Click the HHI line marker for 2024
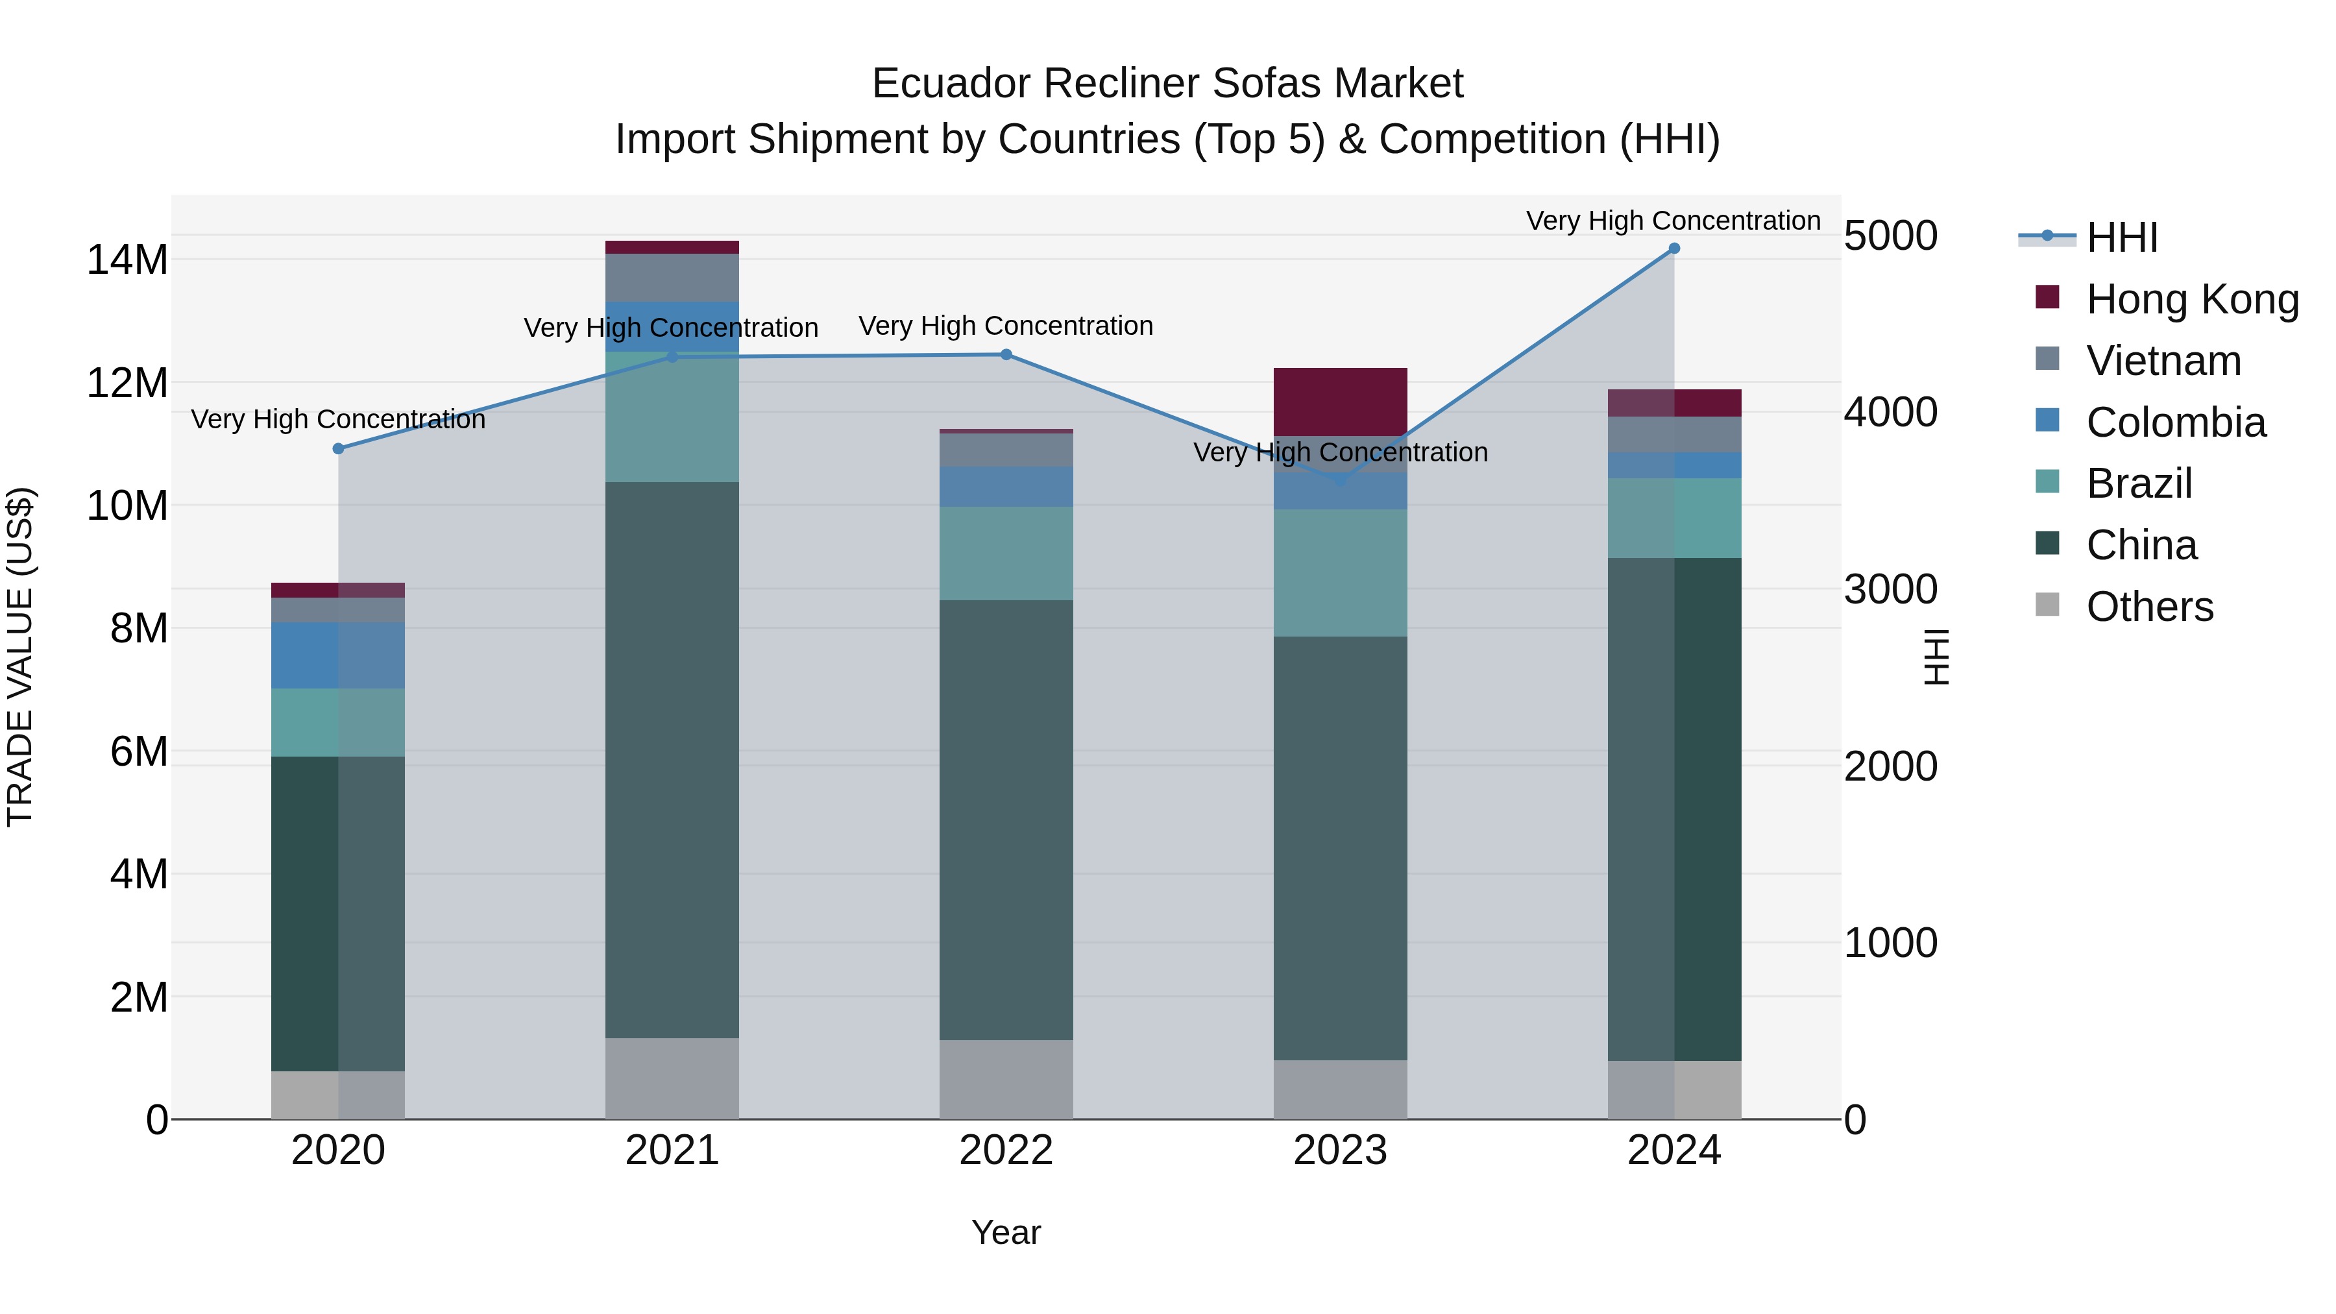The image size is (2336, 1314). pos(1674,249)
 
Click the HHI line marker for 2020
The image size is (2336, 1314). pos(338,449)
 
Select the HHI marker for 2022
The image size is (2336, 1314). pos(1006,354)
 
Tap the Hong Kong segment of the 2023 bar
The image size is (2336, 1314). pos(1341,402)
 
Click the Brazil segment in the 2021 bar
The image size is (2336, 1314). pos(672,417)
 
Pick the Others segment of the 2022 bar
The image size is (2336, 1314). pos(1006,1079)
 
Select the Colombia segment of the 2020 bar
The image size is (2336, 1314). pos(338,655)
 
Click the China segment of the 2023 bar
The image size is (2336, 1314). pos(1341,848)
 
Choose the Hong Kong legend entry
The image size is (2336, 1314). pos(2192,299)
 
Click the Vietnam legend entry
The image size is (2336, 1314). pos(2163,361)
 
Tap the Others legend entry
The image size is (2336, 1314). pos(2149,607)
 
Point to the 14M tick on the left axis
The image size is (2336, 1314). pos(127,260)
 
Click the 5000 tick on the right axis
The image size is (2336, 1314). pos(1891,236)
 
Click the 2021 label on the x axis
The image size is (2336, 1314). pos(672,1150)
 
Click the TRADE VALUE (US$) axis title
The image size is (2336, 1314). pos(20,657)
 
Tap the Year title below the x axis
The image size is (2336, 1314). pos(1006,1232)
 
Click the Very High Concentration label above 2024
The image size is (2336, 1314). pos(1673,221)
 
